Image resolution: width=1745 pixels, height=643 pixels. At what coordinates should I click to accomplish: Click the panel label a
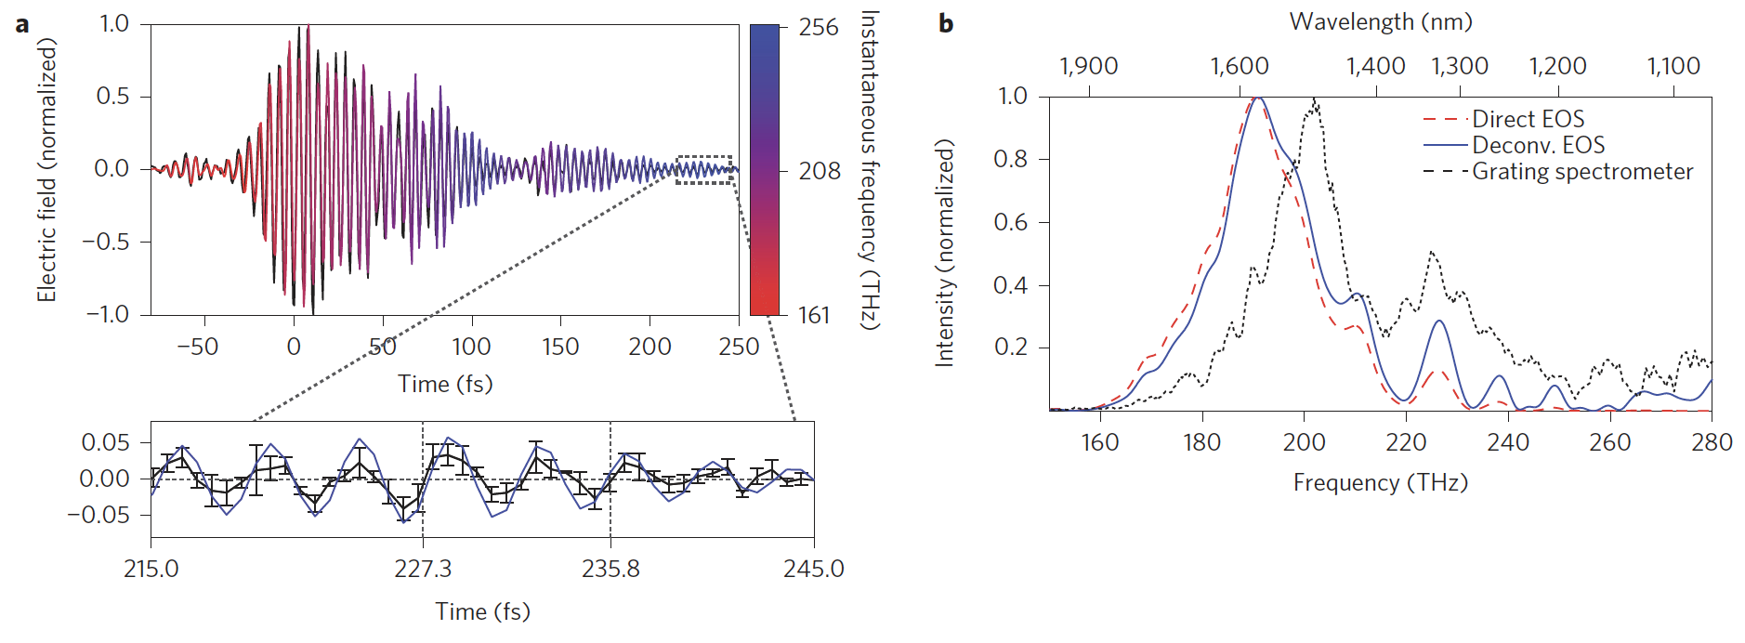[21, 25]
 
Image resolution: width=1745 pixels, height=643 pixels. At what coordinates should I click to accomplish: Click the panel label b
[946, 23]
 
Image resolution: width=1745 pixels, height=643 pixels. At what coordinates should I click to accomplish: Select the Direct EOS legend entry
[1528, 119]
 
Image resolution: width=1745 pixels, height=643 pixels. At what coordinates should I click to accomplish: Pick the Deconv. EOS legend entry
[1538, 145]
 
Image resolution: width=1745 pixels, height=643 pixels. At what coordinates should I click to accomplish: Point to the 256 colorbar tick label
[819, 28]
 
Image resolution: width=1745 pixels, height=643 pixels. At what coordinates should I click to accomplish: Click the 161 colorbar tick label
[814, 316]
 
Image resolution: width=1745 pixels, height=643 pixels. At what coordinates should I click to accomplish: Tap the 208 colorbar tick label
[820, 172]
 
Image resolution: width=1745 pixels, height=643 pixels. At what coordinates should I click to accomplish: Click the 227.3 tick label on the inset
[423, 569]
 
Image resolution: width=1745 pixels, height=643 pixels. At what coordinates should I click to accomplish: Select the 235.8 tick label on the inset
[610, 569]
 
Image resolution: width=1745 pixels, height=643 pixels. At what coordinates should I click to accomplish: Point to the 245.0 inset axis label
[813, 569]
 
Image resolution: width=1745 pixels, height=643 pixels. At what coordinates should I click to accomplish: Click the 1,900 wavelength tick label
[1089, 67]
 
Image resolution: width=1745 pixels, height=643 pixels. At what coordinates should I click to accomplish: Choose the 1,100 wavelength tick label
[1673, 67]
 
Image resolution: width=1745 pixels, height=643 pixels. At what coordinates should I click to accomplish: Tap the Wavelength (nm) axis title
[1381, 22]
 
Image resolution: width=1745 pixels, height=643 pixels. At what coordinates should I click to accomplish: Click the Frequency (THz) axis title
[1380, 483]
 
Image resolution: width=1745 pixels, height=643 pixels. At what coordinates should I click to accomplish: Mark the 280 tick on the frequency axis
[1712, 442]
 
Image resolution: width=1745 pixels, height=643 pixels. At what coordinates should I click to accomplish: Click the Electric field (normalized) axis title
[46, 170]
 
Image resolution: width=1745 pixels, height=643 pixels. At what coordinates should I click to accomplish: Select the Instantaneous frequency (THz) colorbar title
[870, 170]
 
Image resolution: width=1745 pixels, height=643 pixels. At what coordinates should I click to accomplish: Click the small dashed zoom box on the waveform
[704, 170]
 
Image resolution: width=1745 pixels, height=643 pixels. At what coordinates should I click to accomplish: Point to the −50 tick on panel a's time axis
[197, 348]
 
